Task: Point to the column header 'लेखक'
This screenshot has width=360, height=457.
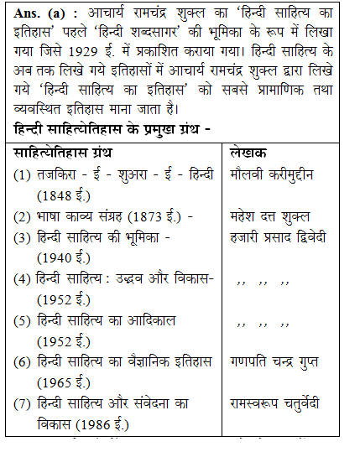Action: coord(250,153)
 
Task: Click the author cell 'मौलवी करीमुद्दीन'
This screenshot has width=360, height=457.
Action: coord(283,175)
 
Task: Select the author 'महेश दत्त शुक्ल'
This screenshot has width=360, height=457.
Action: coord(276,216)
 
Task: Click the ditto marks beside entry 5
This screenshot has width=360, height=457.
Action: coord(263,321)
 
